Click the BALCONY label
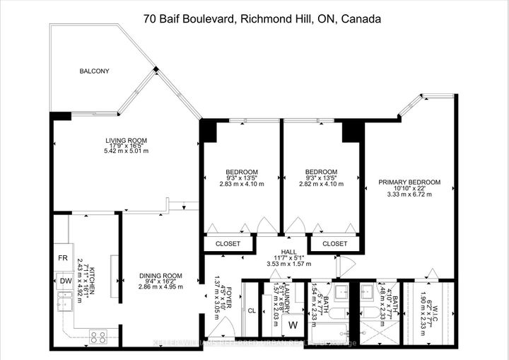(x=94, y=71)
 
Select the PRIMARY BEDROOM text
(x=409, y=182)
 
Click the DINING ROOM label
(x=160, y=276)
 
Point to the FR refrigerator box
(x=63, y=257)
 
